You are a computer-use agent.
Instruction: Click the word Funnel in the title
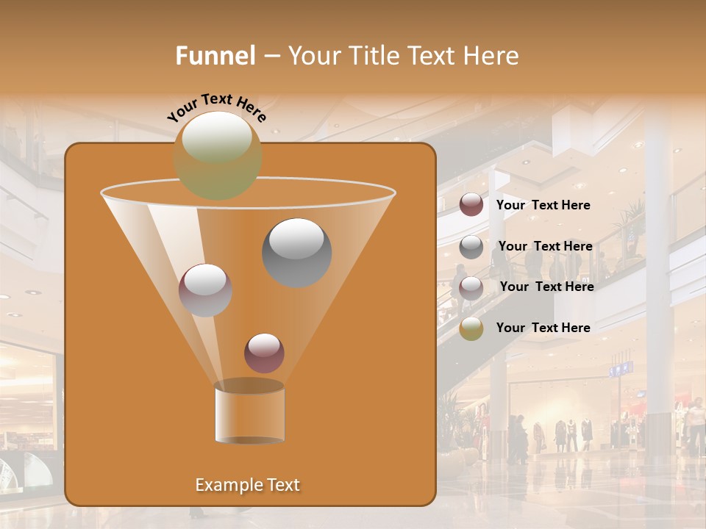pyautogui.click(x=215, y=56)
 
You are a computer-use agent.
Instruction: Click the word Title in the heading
pyautogui.click(x=373, y=56)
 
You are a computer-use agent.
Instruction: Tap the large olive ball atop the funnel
pyautogui.click(x=218, y=155)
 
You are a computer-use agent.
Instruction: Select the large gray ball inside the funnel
pyautogui.click(x=296, y=253)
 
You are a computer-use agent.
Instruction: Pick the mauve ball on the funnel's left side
pyautogui.click(x=205, y=290)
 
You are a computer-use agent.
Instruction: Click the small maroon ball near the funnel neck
pyautogui.click(x=264, y=353)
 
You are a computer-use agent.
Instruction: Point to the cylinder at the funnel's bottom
pyautogui.click(x=250, y=416)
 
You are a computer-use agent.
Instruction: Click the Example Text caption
pyautogui.click(x=248, y=485)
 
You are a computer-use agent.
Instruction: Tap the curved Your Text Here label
pyautogui.click(x=217, y=107)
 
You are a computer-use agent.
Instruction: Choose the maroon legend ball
pyautogui.click(x=471, y=205)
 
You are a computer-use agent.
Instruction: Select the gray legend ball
pyautogui.click(x=471, y=247)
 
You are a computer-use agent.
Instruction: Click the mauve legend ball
pyautogui.click(x=471, y=287)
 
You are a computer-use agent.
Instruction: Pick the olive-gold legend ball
pyautogui.click(x=471, y=328)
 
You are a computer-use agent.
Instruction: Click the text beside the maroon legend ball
pyautogui.click(x=543, y=205)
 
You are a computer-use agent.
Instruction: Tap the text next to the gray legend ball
pyautogui.click(x=545, y=246)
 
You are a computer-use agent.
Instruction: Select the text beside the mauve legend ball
pyautogui.click(x=546, y=287)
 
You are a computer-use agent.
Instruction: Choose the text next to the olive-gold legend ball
pyautogui.click(x=543, y=328)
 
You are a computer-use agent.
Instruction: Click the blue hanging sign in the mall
pyautogui.click(x=620, y=369)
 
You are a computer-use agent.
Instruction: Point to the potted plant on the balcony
pyautogui.click(x=632, y=228)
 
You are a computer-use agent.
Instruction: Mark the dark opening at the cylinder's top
pyautogui.click(x=249, y=386)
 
